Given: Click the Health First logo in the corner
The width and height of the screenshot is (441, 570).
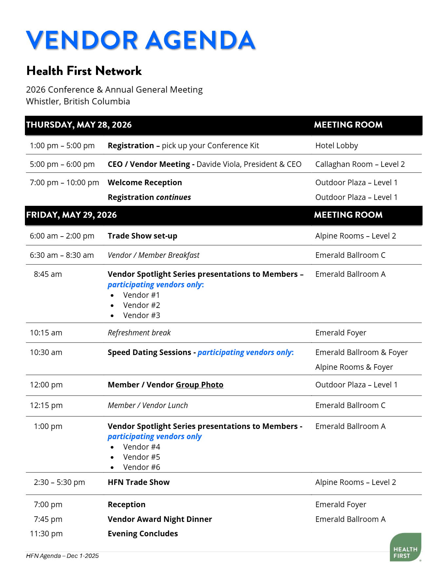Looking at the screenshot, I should tap(405, 547).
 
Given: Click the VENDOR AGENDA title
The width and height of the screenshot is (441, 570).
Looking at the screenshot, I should tap(140, 40).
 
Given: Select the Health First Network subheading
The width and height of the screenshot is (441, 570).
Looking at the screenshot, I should tap(84, 71).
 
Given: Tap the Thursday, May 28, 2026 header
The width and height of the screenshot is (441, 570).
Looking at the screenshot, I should tap(79, 125).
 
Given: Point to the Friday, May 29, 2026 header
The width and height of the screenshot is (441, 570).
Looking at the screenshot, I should tap(71, 215).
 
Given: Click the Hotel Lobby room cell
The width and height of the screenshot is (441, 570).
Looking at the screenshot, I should tap(336, 146).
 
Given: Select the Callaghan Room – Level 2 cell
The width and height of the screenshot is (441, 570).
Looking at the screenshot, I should tap(360, 164).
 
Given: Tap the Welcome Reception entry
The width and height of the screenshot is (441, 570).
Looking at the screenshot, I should tap(144, 183).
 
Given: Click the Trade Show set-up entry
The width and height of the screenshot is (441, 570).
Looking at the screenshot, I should tap(142, 236).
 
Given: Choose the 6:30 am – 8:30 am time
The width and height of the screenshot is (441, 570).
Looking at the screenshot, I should tap(62, 255).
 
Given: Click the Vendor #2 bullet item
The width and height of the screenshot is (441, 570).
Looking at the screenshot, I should tap(142, 305).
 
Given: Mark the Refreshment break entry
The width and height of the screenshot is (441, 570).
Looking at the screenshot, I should tap(139, 333).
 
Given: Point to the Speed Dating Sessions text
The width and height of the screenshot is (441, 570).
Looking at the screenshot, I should tap(149, 352).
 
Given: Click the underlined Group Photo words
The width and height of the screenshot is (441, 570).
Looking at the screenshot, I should tap(200, 385).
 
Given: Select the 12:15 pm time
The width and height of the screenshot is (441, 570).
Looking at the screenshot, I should tap(46, 405).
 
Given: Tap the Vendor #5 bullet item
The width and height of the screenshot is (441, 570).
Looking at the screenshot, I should tap(142, 457).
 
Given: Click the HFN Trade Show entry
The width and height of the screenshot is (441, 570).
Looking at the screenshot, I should tap(139, 482).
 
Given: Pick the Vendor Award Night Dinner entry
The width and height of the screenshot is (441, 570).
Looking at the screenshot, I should tap(160, 519).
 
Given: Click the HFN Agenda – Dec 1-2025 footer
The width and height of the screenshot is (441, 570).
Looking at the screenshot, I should tap(62, 556).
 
